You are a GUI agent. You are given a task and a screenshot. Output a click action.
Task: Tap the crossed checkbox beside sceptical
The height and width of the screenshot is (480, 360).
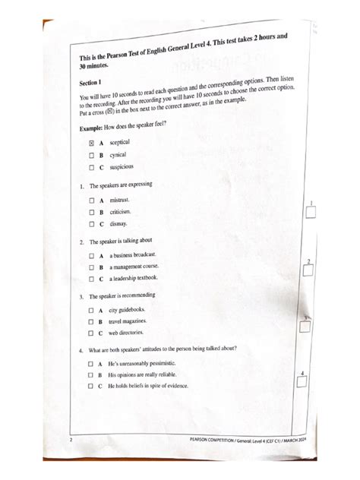(x=90, y=142)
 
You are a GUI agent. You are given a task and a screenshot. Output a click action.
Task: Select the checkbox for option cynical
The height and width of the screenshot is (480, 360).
(x=90, y=154)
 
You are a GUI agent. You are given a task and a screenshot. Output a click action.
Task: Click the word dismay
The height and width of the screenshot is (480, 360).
(x=118, y=224)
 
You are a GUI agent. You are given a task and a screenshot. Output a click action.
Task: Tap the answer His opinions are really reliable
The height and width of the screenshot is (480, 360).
(x=148, y=375)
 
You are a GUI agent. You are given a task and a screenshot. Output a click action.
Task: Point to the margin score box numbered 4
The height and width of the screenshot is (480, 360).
(x=302, y=384)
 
